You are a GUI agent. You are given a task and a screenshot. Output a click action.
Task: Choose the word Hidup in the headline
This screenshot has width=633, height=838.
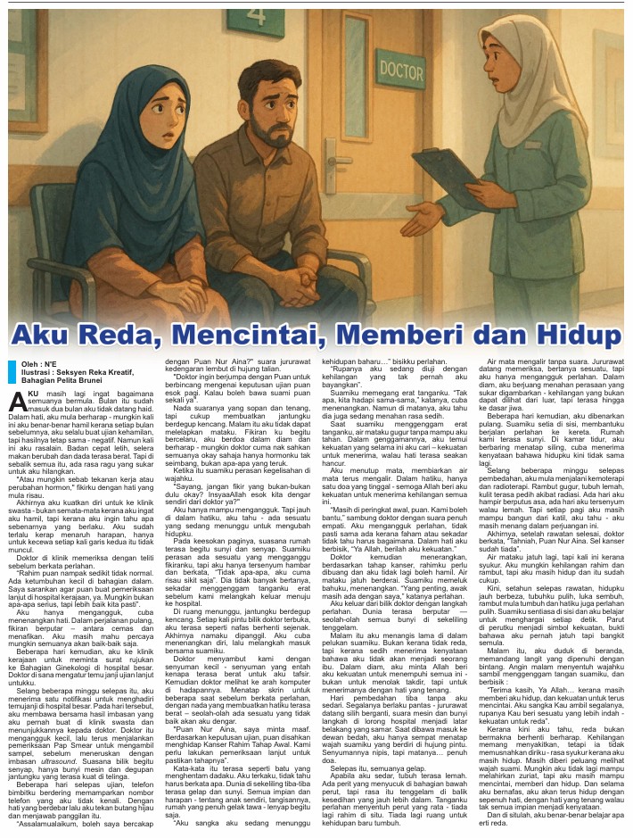(x=580, y=335)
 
